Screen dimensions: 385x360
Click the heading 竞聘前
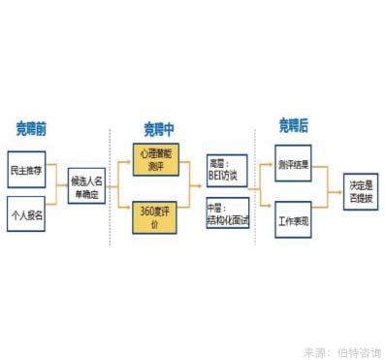32,127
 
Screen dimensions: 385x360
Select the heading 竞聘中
159,127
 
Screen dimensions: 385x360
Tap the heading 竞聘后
293,125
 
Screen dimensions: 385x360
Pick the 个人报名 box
26,213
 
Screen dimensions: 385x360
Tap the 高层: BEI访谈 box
227,169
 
